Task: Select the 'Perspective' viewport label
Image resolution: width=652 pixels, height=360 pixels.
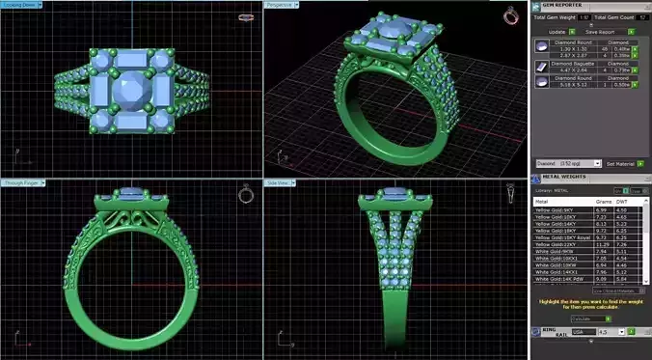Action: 281,6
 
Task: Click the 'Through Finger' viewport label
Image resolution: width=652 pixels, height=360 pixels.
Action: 18,182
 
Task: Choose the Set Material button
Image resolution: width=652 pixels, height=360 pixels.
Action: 621,163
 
